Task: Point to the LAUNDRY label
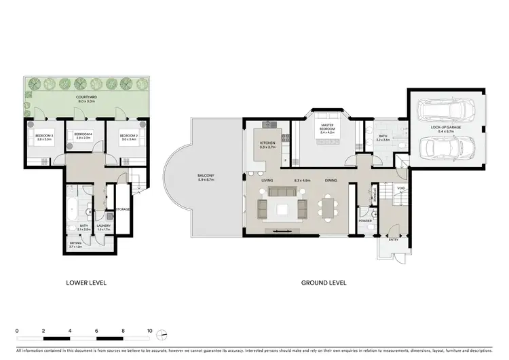pyautogui.click(x=104, y=227)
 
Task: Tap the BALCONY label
pyautogui.click(x=206, y=178)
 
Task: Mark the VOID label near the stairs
pyautogui.click(x=400, y=188)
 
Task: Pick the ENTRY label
pyautogui.click(x=394, y=240)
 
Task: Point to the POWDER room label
pyautogui.click(x=364, y=221)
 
